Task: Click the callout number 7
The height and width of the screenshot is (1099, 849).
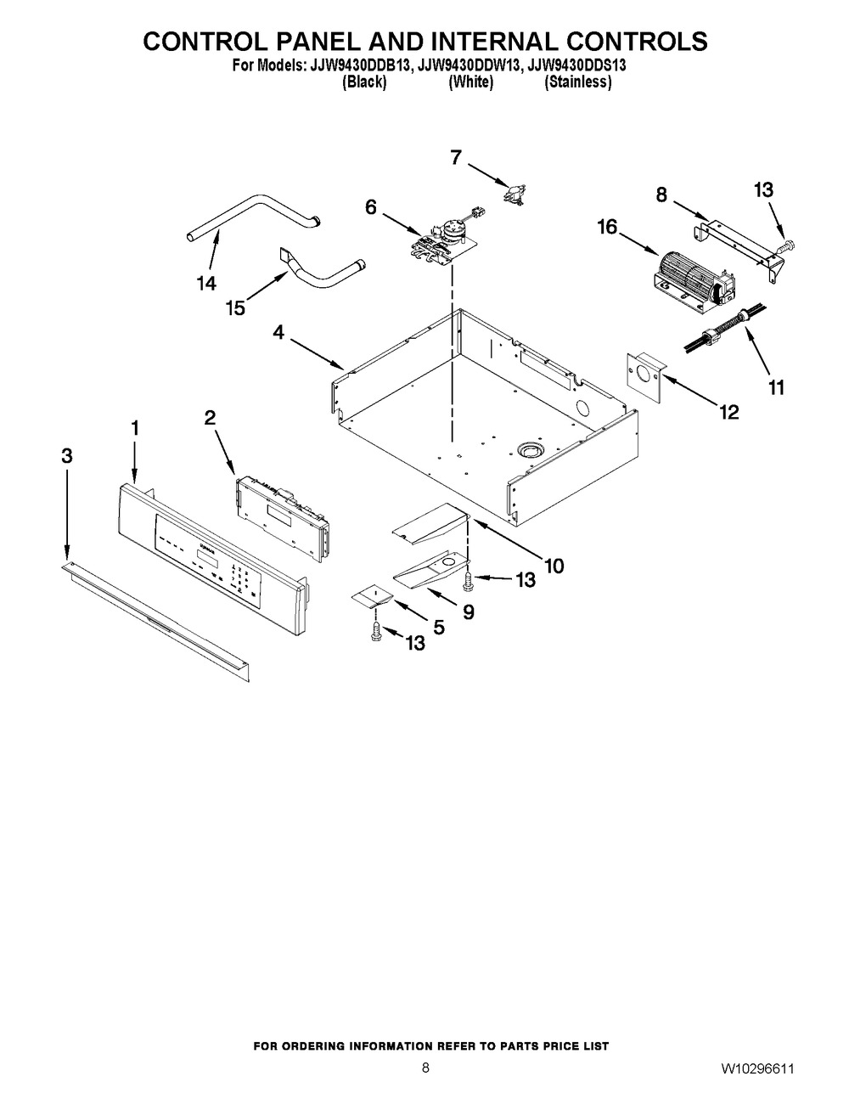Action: click(x=456, y=158)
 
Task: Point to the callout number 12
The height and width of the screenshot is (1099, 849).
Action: click(x=728, y=412)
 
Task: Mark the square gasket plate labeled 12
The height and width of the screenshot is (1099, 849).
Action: click(x=646, y=377)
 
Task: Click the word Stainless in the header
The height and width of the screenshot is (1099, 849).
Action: click(x=577, y=82)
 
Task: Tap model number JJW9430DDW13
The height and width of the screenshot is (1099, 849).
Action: click(x=468, y=65)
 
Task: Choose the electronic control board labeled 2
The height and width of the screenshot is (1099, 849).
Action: click(x=283, y=518)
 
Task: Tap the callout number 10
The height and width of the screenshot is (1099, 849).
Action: click(x=554, y=566)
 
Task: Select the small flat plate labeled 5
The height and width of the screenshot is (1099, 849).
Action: click(x=372, y=595)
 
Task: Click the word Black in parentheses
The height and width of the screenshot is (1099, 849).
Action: click(x=364, y=82)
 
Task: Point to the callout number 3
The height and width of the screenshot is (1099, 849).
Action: click(x=67, y=456)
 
